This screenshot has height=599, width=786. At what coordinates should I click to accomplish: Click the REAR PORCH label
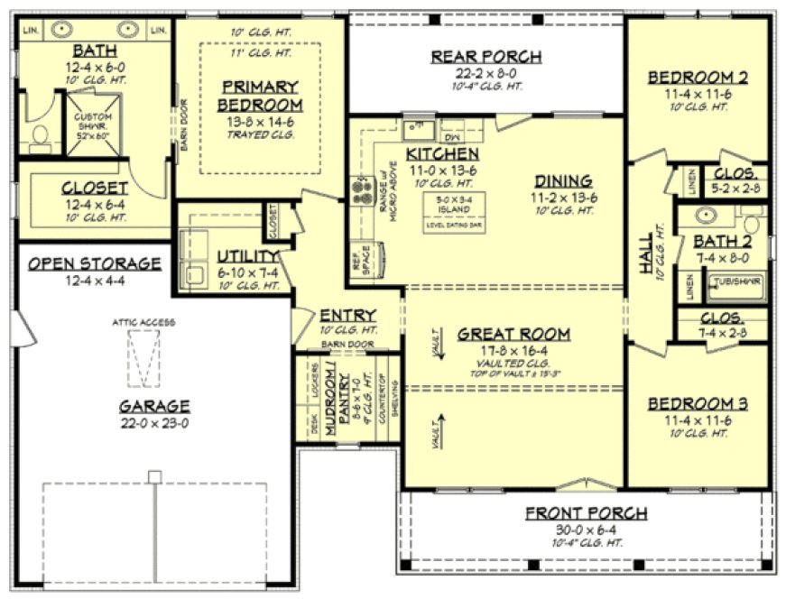(x=485, y=57)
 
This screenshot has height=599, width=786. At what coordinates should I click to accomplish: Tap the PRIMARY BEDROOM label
(x=261, y=97)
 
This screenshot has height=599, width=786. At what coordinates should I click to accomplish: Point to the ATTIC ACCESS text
(x=143, y=322)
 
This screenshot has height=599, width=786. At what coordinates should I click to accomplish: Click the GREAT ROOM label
(x=511, y=334)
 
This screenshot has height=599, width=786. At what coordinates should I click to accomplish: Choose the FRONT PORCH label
(x=587, y=513)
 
